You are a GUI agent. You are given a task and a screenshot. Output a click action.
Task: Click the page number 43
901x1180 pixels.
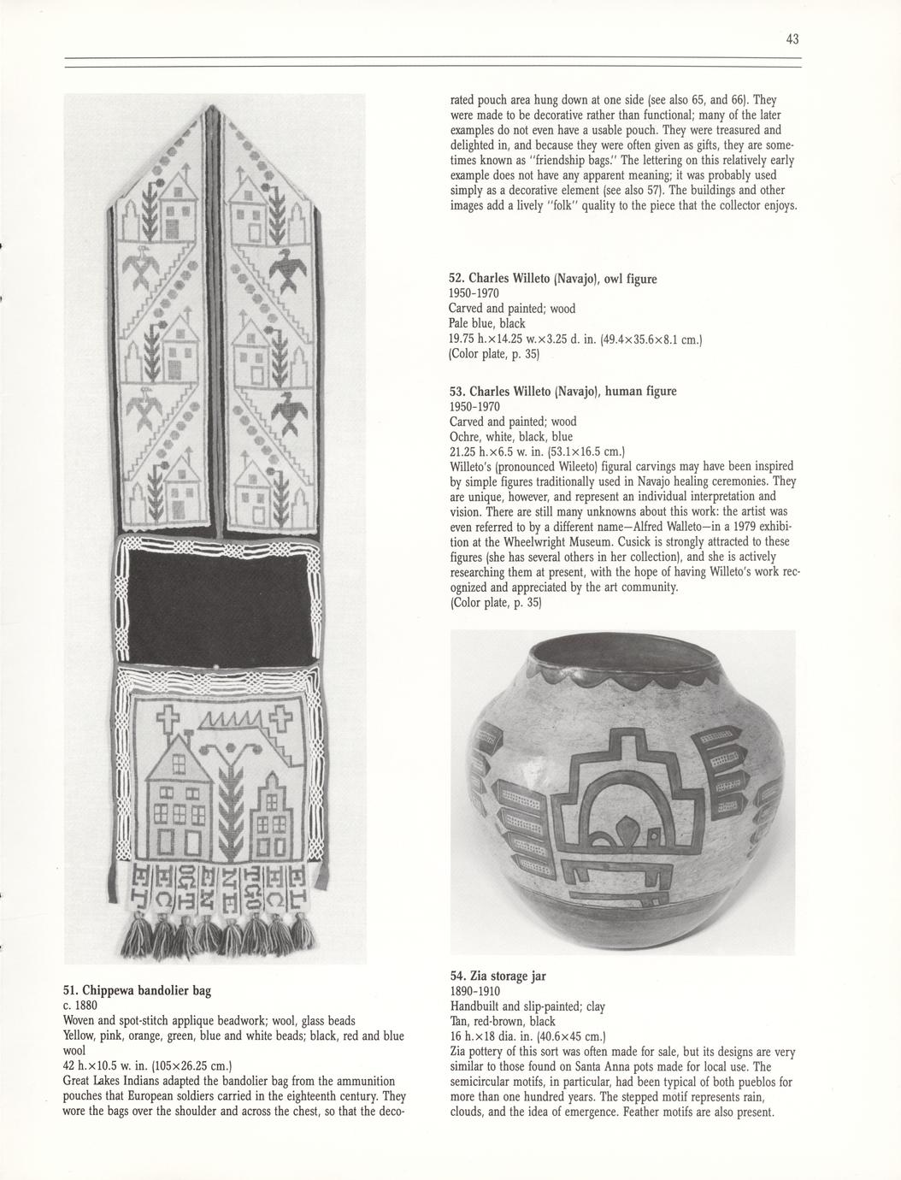pyautogui.click(x=792, y=38)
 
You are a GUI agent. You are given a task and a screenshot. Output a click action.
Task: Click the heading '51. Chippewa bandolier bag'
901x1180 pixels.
pyautogui.click(x=137, y=990)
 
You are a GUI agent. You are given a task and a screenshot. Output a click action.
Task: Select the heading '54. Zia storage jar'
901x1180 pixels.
pyautogui.click(x=498, y=976)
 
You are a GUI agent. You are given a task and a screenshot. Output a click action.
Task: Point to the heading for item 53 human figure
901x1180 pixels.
pyautogui.click(x=562, y=391)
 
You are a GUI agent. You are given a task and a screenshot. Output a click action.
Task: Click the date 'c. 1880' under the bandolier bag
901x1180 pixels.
pyautogui.click(x=83, y=1006)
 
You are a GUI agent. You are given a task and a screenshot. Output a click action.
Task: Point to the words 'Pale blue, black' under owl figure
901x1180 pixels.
pyautogui.click(x=487, y=324)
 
